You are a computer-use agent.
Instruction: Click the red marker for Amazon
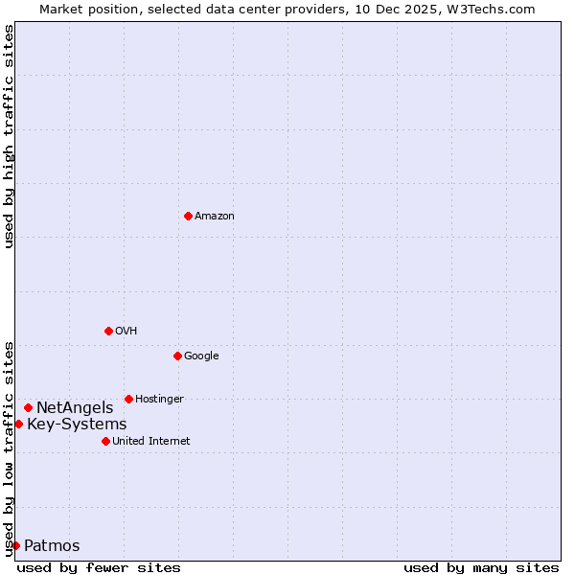coord(188,216)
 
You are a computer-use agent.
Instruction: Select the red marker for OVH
coord(108,331)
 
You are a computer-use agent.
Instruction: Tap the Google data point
coord(177,356)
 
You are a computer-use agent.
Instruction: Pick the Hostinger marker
coord(128,399)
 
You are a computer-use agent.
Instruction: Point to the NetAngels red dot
coord(28,408)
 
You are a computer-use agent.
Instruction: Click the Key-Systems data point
coord(18,424)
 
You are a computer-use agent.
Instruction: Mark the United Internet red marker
coord(105,441)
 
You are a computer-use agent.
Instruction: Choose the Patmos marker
coord(15,545)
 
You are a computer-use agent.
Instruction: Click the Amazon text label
coord(215,217)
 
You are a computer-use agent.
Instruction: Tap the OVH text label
coord(126,332)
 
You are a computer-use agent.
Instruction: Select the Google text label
coord(201,356)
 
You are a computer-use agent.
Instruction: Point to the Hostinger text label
coord(159,400)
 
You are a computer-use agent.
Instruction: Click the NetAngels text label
coord(75,408)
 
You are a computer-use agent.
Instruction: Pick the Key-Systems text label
coord(77,425)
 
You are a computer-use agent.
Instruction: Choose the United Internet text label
coord(151,442)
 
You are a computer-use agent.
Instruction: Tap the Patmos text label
coord(52,546)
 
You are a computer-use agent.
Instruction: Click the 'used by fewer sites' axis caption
coord(99,567)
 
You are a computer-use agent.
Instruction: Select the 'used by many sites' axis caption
coord(481,567)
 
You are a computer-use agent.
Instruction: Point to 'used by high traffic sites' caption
coord(9,136)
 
